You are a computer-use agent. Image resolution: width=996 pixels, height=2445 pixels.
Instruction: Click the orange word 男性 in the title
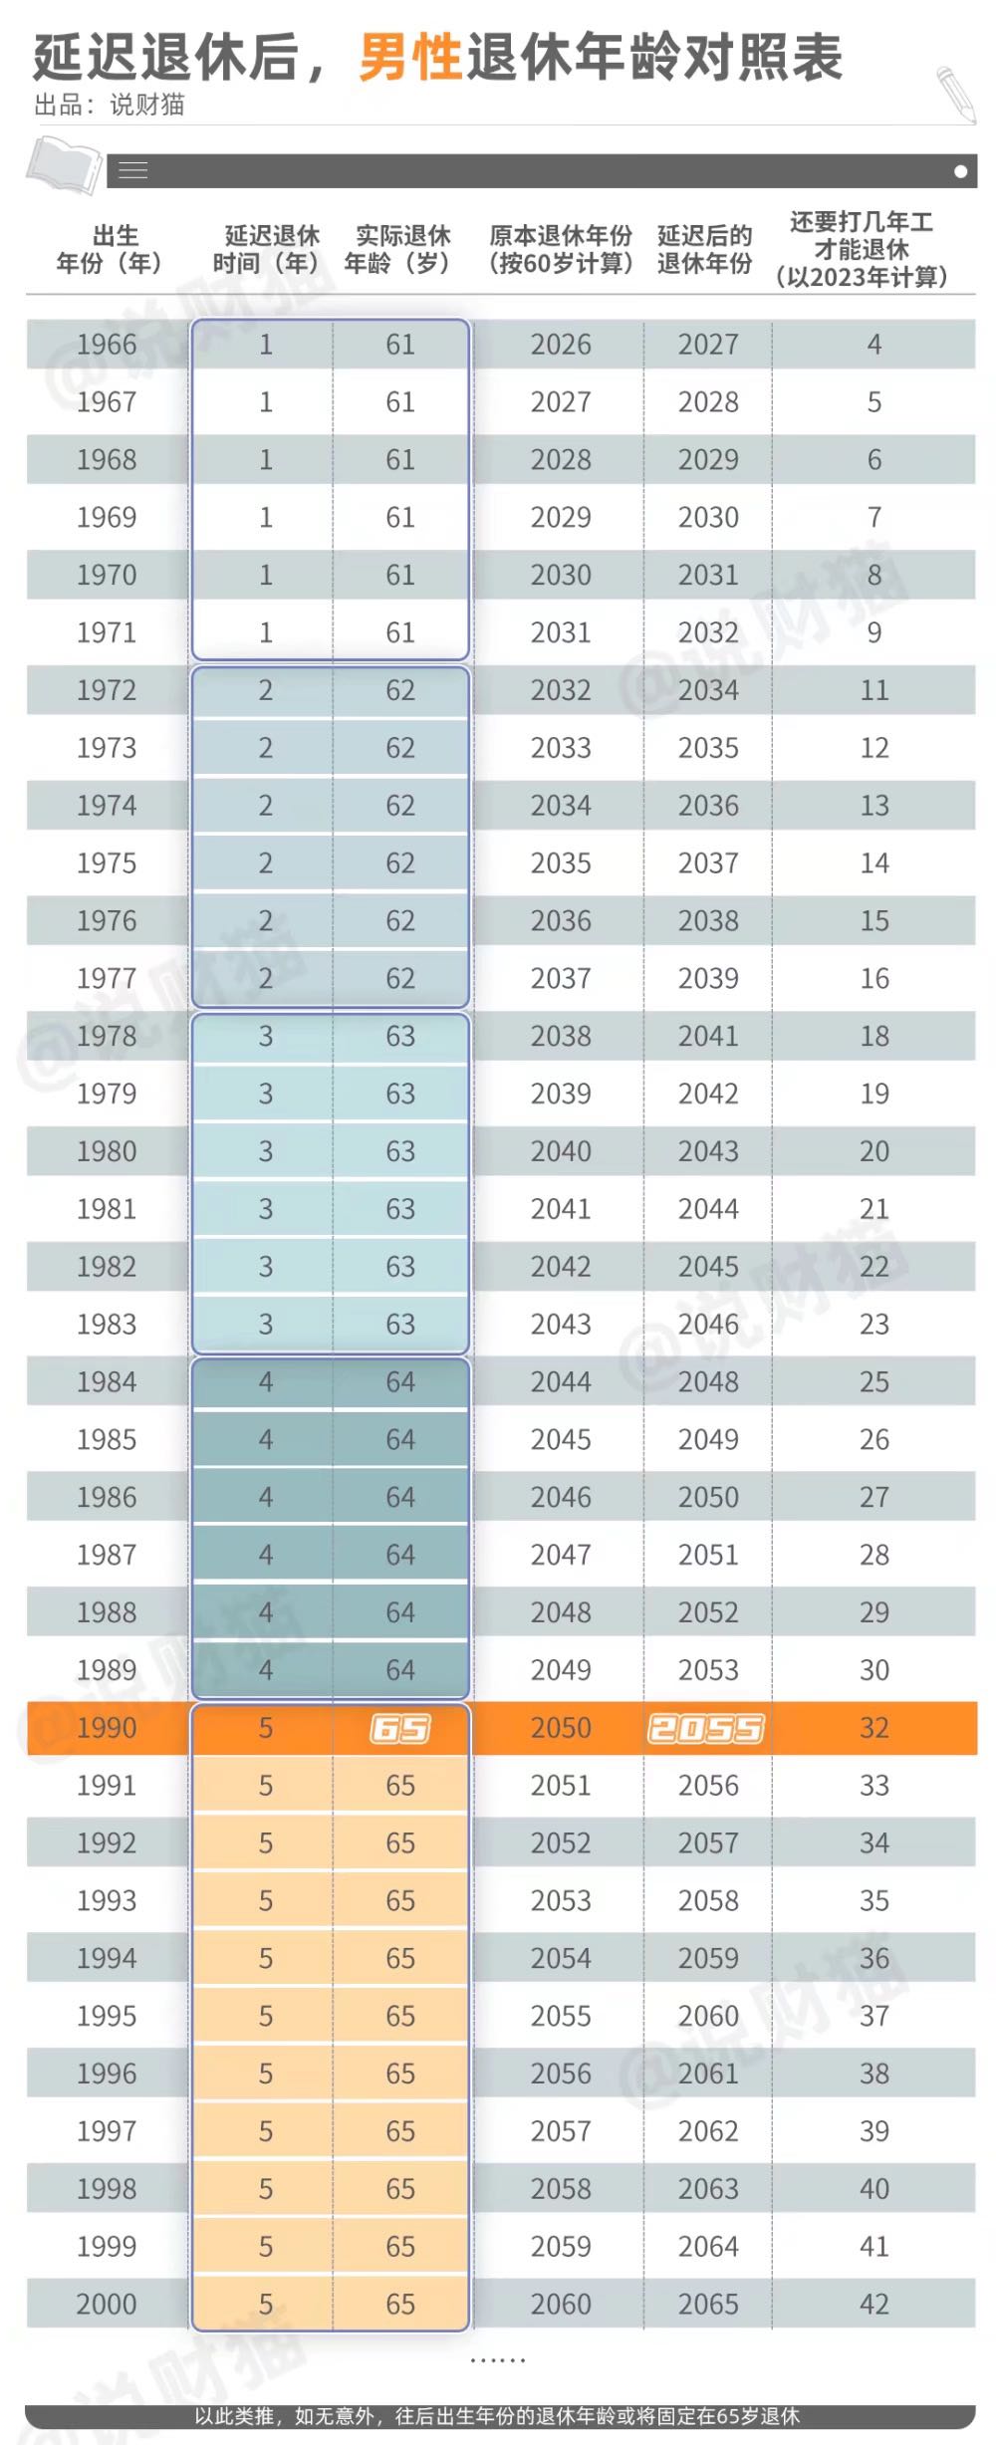point(410,57)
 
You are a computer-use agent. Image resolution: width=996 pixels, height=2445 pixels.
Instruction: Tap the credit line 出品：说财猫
point(109,105)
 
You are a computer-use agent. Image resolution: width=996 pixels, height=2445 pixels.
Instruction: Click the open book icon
point(65,164)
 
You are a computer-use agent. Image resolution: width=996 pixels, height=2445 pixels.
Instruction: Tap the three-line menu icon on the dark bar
point(133,171)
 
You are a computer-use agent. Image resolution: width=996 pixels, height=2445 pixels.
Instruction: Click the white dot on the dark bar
point(960,171)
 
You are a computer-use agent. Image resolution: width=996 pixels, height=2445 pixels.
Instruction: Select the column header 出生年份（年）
point(109,249)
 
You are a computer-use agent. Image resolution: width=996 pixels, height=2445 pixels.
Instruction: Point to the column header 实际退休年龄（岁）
point(400,249)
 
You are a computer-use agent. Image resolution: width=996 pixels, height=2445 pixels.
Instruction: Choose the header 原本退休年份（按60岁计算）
point(561,249)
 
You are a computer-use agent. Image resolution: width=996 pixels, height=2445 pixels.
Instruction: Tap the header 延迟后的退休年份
point(705,249)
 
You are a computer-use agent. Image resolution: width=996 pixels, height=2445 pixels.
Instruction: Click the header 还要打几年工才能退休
point(862,249)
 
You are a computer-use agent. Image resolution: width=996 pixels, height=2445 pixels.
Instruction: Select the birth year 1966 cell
point(107,345)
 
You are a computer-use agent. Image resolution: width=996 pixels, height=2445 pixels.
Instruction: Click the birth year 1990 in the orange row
point(107,1728)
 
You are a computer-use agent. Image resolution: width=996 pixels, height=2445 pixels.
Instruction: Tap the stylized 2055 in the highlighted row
point(706,1728)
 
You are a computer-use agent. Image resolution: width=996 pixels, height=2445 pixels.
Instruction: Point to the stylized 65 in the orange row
point(400,1728)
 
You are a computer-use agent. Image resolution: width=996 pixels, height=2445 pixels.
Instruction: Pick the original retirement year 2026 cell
point(561,345)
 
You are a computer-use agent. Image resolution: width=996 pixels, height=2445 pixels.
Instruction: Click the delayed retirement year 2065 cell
point(708,2304)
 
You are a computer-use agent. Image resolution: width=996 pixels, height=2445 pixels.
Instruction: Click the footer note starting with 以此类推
point(497,2416)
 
